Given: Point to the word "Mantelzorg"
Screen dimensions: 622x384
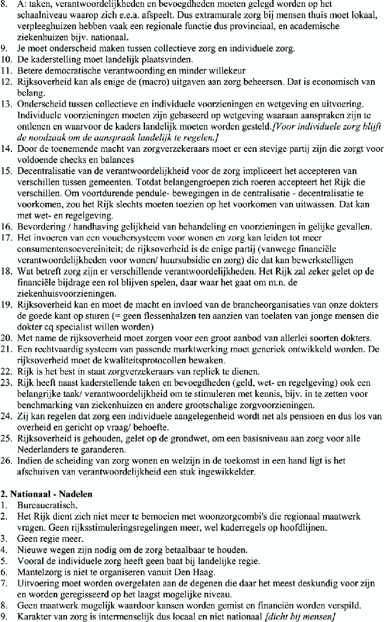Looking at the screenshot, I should [35, 563].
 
